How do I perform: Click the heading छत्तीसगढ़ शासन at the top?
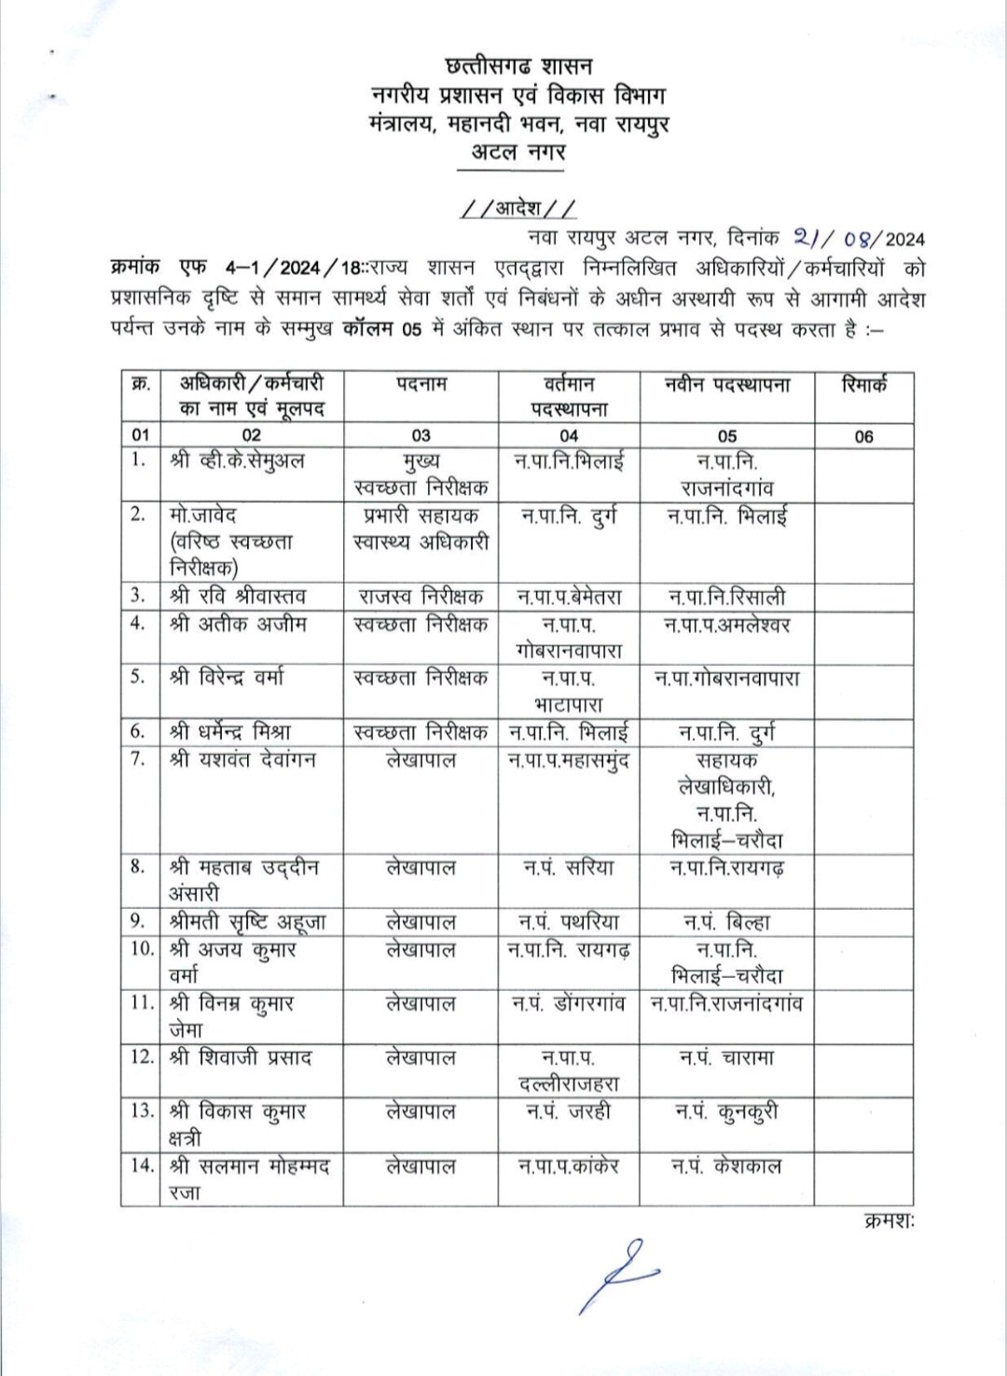tap(518, 66)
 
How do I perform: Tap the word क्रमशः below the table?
tap(889, 1220)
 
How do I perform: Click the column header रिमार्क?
tap(863, 385)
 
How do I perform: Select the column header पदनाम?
tap(421, 384)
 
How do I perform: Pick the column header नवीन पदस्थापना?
tap(727, 385)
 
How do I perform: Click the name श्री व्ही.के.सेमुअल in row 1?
tap(238, 461)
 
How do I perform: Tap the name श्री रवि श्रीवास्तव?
tap(239, 597)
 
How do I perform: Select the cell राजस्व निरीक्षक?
tap(421, 597)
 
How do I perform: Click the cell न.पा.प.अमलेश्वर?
tap(727, 625)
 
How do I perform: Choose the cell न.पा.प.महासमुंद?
tap(569, 761)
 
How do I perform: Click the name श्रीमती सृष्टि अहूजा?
tap(247, 922)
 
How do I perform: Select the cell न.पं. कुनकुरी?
tap(727, 1112)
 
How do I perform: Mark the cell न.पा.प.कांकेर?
tap(569, 1166)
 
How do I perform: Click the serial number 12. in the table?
tap(142, 1057)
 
